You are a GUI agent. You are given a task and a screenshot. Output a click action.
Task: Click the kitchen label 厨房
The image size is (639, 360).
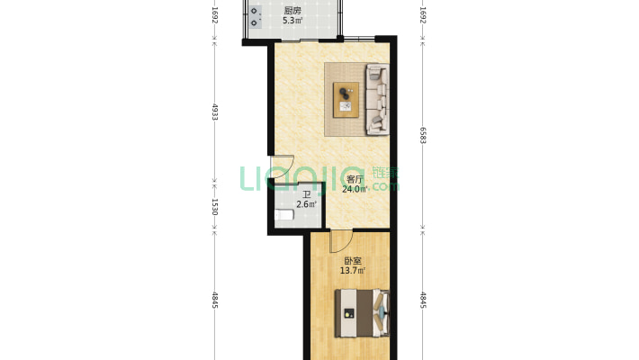pyautogui.click(x=292, y=11)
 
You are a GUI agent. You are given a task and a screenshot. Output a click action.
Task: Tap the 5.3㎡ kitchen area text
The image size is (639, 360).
pyautogui.click(x=292, y=21)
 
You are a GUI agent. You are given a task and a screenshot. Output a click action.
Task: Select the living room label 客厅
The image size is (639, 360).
pyautogui.click(x=355, y=179)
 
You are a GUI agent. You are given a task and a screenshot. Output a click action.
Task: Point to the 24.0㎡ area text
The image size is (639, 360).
pyautogui.click(x=355, y=189)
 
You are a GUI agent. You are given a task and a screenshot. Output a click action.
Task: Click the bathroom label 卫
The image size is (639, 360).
pyautogui.click(x=307, y=195)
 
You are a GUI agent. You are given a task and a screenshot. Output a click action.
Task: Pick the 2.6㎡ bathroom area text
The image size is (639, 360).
pyautogui.click(x=307, y=204)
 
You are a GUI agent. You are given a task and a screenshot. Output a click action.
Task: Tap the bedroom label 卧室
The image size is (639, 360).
pyautogui.click(x=353, y=261)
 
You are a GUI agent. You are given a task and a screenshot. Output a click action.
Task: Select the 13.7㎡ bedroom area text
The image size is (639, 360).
pyautogui.click(x=353, y=270)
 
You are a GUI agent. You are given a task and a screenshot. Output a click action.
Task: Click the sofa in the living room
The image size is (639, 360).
pyautogui.click(x=378, y=99)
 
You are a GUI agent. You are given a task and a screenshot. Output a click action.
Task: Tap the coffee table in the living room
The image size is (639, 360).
pyautogui.click(x=346, y=100)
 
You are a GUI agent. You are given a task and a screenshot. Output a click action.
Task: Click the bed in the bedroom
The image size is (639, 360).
pyautogui.click(x=363, y=313)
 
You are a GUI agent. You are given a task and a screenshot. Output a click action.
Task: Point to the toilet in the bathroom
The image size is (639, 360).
pyautogui.click(x=284, y=214)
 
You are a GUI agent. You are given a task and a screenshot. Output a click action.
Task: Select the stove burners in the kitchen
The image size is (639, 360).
pyautogui.click(x=255, y=17)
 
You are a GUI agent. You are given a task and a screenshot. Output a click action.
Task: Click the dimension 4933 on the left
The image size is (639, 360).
pyautogui.click(x=215, y=112)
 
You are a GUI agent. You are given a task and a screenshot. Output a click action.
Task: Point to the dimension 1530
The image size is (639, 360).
pyautogui.click(x=215, y=207)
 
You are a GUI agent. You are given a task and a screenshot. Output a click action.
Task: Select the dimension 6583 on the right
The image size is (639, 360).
pyautogui.click(x=423, y=134)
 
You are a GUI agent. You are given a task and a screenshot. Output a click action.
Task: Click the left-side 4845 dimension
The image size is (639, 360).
pyautogui.click(x=215, y=300)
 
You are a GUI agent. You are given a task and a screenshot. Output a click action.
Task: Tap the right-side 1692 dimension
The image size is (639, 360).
pyautogui.click(x=423, y=15)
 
